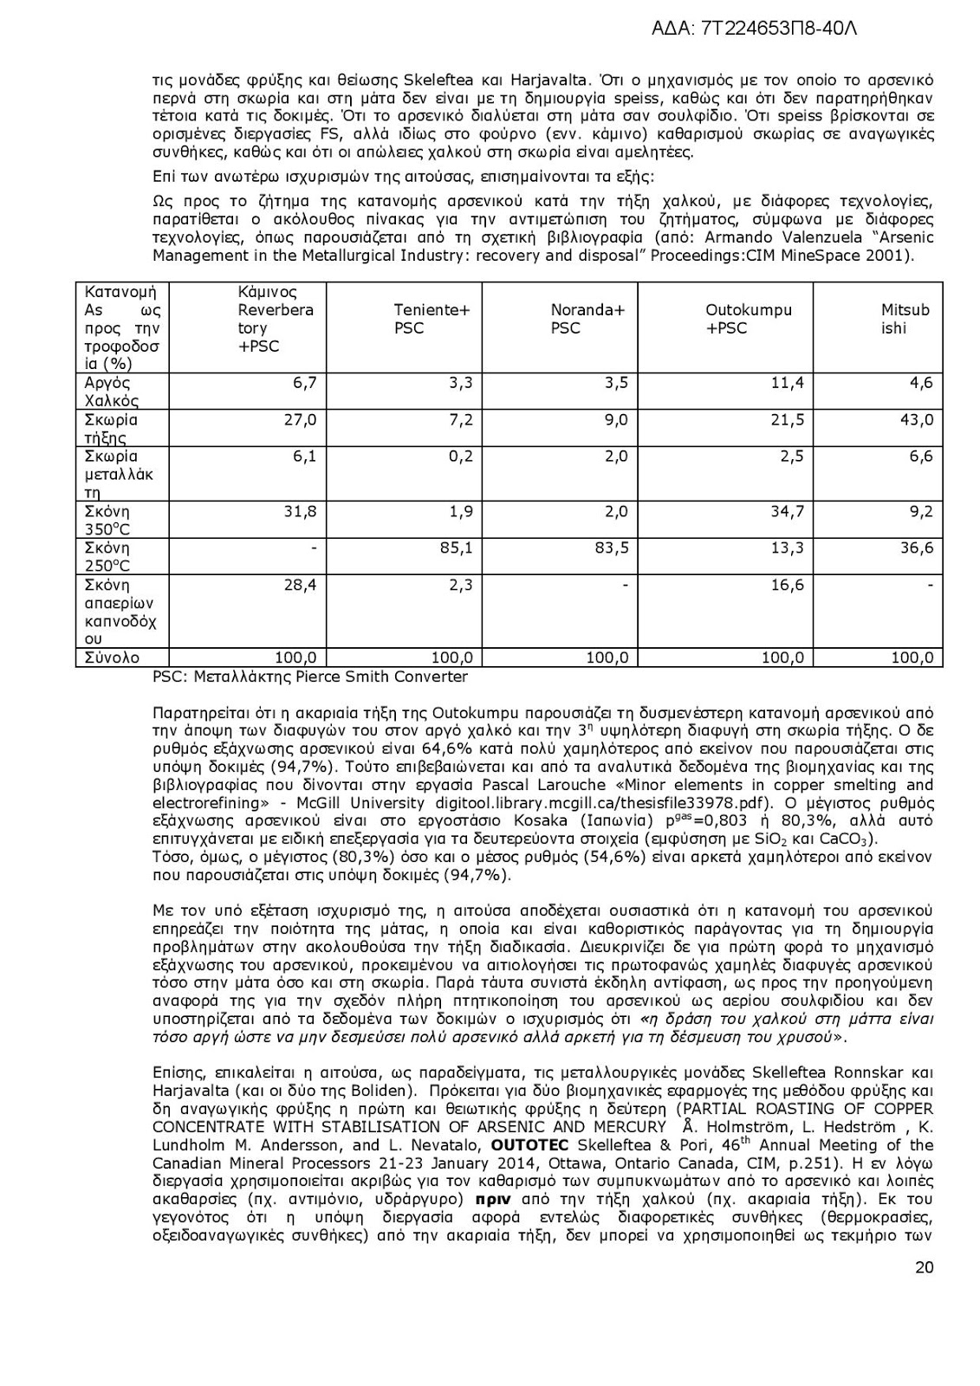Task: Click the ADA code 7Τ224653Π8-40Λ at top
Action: coord(753,29)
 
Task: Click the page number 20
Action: coord(924,1267)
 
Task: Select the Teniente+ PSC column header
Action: coord(432,319)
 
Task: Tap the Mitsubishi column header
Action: coord(905,319)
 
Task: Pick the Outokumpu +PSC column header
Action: coord(748,319)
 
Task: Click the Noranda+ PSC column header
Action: coord(587,319)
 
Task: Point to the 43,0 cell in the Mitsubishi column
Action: coord(916,420)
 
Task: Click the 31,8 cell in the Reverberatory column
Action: coord(301,511)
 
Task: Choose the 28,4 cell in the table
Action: coord(301,585)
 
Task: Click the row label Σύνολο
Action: coord(112,657)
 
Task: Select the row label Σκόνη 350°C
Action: coord(107,520)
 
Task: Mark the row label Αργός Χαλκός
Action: coord(111,392)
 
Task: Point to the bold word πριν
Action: coord(493,1200)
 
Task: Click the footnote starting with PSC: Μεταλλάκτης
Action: coord(309,677)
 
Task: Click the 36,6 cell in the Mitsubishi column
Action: coord(916,547)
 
